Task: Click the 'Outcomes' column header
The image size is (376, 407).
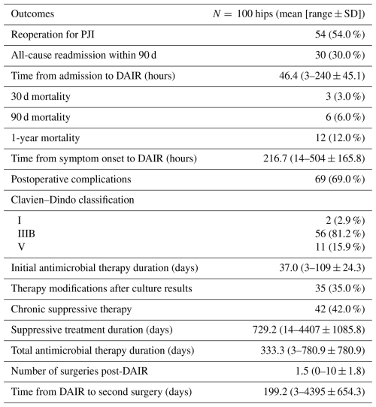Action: pos(32,14)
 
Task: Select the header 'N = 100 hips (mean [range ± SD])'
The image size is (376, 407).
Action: pos(289,14)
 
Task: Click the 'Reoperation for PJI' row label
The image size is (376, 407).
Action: pos(53,35)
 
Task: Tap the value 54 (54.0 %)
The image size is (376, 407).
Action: pos(340,35)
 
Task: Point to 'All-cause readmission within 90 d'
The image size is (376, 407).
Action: pos(83,55)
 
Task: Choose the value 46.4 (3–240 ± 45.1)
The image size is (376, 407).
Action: pos(322,76)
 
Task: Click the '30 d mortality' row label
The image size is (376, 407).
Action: pos(41,97)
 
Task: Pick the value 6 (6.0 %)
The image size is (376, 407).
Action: pos(345,117)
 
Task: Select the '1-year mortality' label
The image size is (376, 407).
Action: pos(45,138)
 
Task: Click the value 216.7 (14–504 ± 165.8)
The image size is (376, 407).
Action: pos(314,158)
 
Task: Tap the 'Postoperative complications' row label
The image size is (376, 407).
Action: pos(71,179)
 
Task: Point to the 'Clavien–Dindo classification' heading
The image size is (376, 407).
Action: pos(72,200)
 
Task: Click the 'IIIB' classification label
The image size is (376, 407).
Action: pos(26,234)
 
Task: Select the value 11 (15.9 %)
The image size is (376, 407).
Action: pos(340,247)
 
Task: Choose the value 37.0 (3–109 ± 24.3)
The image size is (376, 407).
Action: pos(322,267)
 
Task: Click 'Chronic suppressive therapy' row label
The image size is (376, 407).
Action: pos(71,309)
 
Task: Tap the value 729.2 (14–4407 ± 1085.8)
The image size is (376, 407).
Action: pos(308,330)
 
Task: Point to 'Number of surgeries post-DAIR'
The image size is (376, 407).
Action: pos(79,371)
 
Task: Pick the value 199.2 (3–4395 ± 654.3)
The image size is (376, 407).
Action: pos(314,392)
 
